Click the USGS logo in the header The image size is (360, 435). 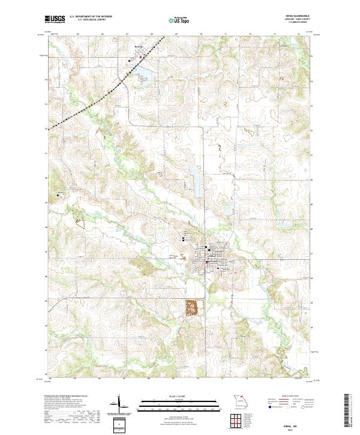[55, 19]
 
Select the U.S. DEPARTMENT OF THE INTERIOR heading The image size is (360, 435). [91, 16]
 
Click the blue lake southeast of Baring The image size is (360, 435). [144, 73]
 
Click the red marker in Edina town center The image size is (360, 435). [207, 262]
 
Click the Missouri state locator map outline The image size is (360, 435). [239, 401]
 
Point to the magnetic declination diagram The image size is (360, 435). [119, 405]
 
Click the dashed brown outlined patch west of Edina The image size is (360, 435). [80, 215]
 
